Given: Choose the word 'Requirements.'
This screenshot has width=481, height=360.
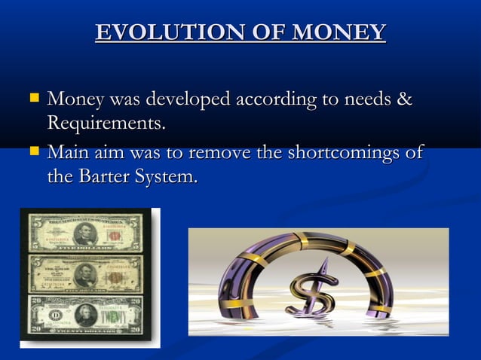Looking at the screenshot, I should click(106, 123).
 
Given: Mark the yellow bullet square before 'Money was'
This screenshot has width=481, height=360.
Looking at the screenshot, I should click(33, 98).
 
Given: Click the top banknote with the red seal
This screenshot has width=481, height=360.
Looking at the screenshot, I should click(85, 233).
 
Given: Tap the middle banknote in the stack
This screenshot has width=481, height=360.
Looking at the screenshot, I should click(85, 273).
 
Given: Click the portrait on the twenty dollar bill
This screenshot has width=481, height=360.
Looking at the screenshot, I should click(85, 313).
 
